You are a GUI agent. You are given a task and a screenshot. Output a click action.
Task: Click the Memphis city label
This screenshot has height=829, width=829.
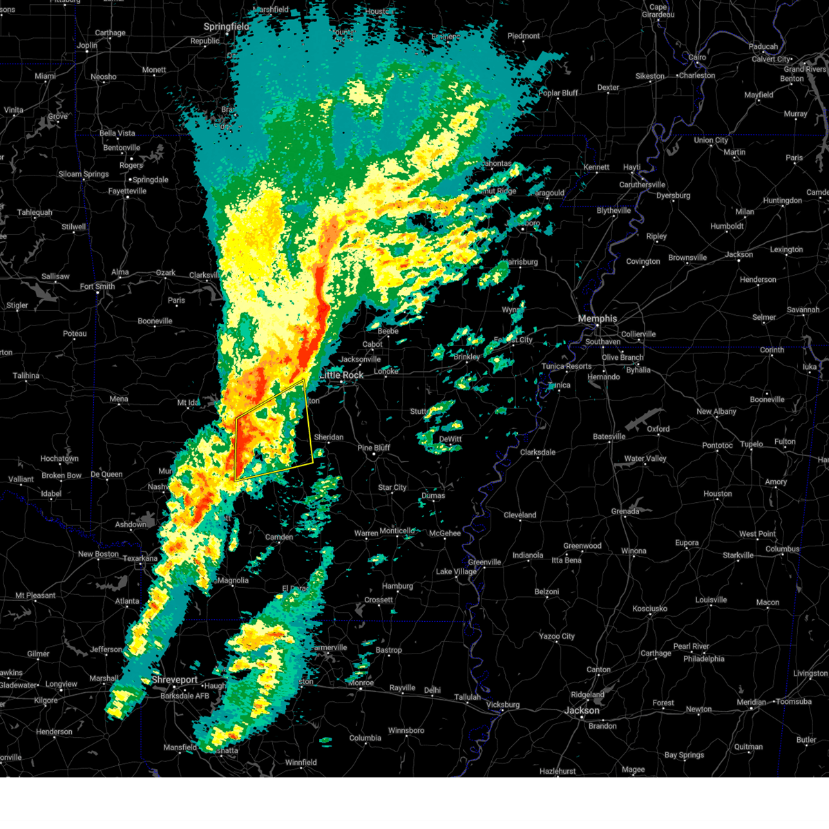coord(597,318)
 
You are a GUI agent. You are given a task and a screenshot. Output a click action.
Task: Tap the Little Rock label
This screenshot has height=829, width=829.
coord(341,375)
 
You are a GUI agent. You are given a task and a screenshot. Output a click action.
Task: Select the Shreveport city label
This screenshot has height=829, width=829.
coord(175,680)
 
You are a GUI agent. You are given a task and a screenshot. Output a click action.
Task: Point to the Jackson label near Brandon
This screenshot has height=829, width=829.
coord(582,710)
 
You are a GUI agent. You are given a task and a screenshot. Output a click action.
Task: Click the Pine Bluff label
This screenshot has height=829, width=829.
coord(374,448)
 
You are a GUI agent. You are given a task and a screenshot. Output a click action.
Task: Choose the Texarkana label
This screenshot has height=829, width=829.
coord(141,558)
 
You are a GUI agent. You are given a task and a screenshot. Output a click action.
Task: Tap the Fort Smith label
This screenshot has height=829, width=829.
coord(97,287)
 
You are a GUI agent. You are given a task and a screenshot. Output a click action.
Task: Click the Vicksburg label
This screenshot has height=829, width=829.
coord(502,705)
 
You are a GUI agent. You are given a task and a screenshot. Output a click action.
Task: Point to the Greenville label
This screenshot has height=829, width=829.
coord(484,562)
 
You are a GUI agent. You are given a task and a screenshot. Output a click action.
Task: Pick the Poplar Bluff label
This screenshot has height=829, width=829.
coord(558,93)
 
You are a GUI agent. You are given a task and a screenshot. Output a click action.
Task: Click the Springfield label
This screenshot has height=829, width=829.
coord(226,27)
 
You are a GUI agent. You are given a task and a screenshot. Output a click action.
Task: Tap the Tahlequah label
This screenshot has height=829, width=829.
coord(35,213)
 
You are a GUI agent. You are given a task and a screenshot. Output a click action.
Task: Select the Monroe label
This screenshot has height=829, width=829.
coord(361,683)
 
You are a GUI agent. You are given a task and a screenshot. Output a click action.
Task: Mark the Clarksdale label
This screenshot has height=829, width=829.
coord(537,452)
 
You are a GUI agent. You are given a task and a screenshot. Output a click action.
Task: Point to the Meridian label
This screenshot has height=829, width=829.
coord(751,702)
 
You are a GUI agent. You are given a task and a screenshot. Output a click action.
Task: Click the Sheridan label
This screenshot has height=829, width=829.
coord(329,437)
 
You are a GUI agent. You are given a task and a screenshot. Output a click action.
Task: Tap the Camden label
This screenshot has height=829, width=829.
coord(279,537)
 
